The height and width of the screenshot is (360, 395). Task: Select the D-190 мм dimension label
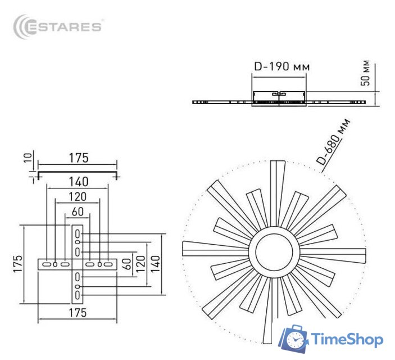pyautogui.click(x=281, y=66)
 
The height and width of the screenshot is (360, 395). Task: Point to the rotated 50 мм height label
pyautogui.click(x=366, y=73)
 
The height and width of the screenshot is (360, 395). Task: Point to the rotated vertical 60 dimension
pyautogui.click(x=128, y=263)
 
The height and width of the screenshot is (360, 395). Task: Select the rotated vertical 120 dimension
pyautogui.click(x=141, y=263)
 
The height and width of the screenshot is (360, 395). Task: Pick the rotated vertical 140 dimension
pyautogui.click(x=155, y=263)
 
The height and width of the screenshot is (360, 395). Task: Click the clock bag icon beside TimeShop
pyautogui.click(x=294, y=339)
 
